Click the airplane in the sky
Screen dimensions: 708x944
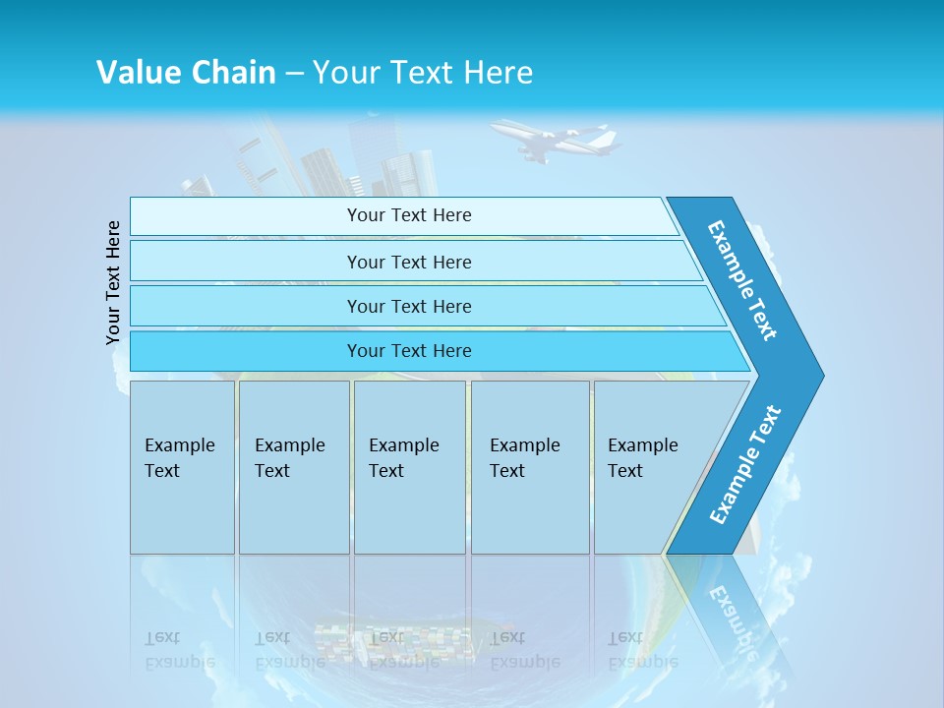(557, 140)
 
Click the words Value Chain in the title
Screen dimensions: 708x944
(186, 72)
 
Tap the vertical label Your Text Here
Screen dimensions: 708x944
(114, 283)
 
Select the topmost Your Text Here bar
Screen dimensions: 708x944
(408, 215)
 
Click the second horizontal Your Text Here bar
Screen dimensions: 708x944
(408, 262)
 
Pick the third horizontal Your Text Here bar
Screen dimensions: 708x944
(408, 306)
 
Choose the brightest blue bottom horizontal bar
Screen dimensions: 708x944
(408, 351)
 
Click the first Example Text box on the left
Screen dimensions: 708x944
(182, 467)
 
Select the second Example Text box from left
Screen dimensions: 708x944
(293, 467)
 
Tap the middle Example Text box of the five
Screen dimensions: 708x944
(409, 467)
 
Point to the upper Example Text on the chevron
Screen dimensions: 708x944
(742, 280)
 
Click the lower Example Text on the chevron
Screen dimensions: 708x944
(744, 465)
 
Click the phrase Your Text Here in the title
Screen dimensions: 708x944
(423, 72)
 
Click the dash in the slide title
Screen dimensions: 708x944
(294, 73)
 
